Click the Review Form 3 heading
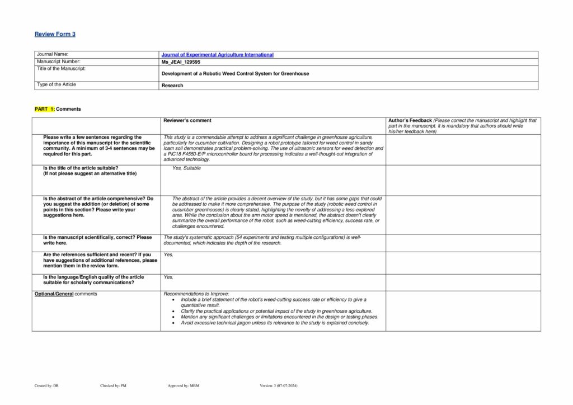point(55,34)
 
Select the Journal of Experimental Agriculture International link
point(217,55)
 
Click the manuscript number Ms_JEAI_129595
point(181,62)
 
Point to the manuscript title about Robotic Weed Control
point(235,74)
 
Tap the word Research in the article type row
point(172,86)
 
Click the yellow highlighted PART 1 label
point(45,109)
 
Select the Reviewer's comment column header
point(187,121)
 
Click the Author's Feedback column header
point(410,121)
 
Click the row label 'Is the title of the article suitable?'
point(81,168)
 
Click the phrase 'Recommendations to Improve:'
point(196,294)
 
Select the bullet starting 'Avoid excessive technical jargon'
point(275,323)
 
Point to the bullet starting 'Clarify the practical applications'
point(276,311)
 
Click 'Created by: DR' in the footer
point(46,386)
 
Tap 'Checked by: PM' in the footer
point(113,386)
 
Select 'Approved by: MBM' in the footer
point(184,386)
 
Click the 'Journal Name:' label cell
point(53,55)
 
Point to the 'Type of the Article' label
point(57,85)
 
